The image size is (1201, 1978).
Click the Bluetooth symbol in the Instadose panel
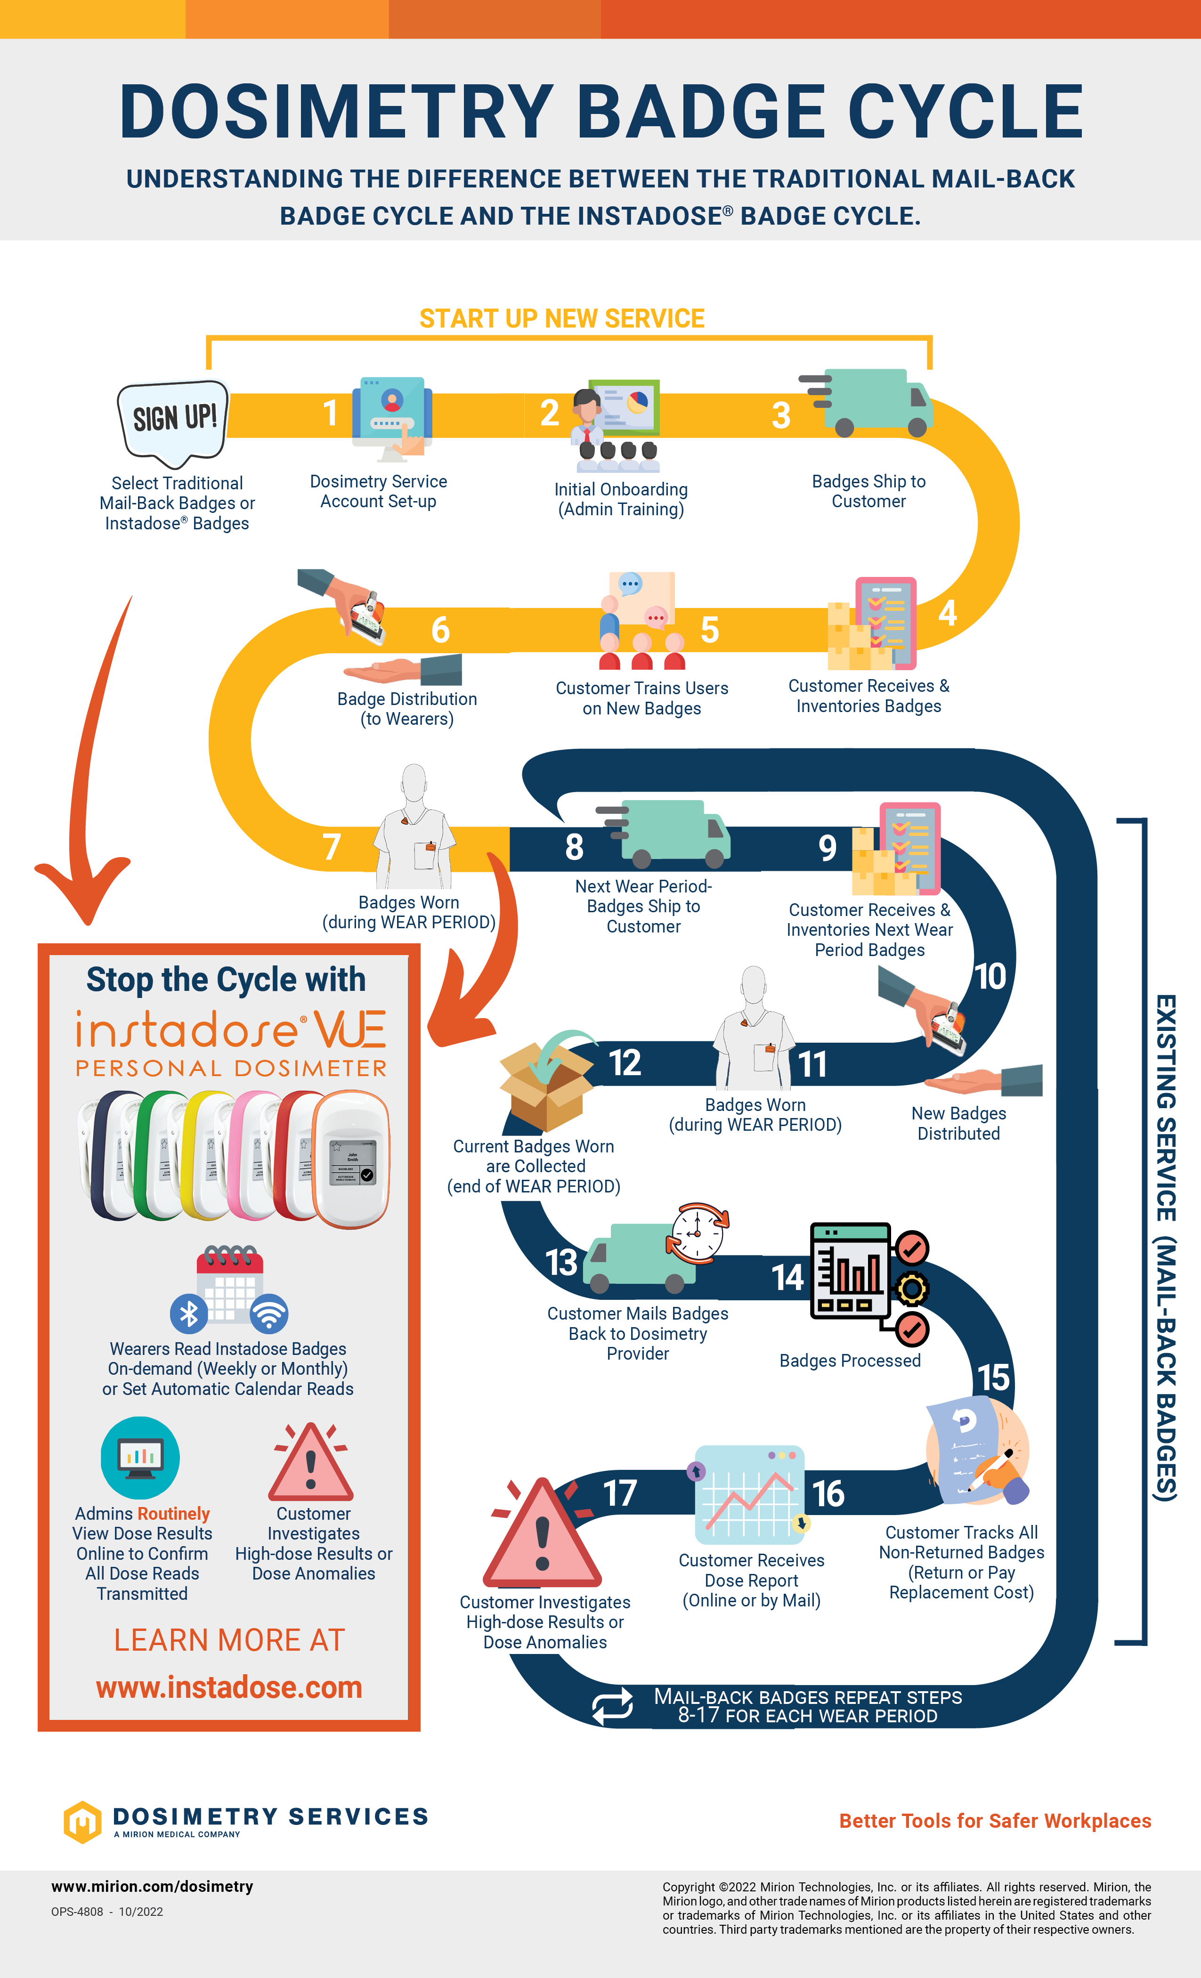[x=189, y=1313]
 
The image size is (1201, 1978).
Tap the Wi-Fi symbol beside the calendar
[x=269, y=1313]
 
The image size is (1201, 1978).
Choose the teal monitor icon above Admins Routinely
[x=140, y=1457]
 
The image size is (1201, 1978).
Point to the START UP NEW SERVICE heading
[x=562, y=319]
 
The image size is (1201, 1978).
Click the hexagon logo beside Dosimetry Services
[x=82, y=1822]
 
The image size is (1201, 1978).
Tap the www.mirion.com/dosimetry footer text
[x=153, y=1887]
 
